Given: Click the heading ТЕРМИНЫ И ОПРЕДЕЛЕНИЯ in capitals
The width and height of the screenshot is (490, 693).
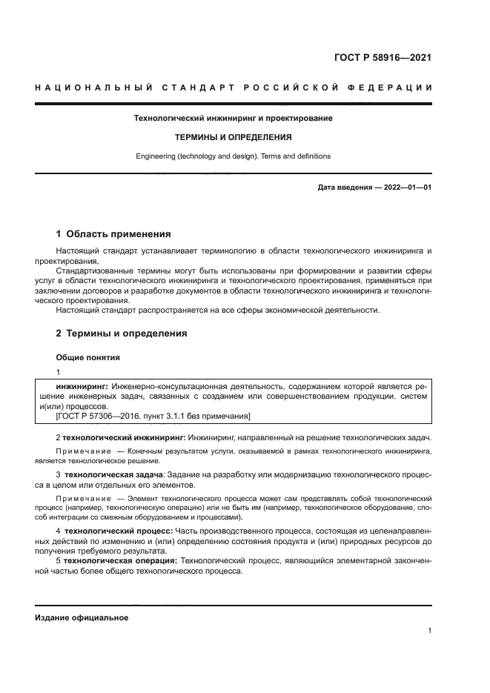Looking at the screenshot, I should pos(233,137).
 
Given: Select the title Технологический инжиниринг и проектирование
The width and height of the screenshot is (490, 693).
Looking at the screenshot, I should pos(233,118).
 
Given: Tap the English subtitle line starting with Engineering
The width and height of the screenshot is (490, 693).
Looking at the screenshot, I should pos(233,156).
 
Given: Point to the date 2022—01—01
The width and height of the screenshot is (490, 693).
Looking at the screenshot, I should pos(405,188).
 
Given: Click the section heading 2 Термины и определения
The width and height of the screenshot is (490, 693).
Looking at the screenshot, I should pos(122,334).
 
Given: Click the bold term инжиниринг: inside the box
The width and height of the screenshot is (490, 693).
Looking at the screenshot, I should pos(82,386).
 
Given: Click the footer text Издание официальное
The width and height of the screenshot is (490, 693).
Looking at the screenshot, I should pos(82,617).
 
